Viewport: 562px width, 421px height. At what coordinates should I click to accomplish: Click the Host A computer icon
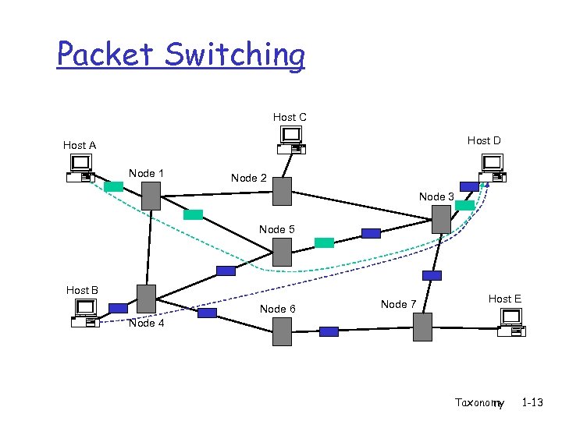(x=80, y=168)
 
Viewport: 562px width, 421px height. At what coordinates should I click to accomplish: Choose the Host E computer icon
(x=512, y=322)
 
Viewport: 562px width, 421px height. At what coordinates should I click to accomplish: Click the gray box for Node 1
(x=151, y=196)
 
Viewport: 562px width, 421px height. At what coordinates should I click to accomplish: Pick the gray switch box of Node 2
(x=282, y=191)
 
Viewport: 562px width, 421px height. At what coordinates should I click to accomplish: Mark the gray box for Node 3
(x=442, y=218)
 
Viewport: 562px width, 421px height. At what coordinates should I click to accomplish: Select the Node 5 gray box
(x=282, y=252)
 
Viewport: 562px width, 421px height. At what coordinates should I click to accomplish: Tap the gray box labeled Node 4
(x=146, y=299)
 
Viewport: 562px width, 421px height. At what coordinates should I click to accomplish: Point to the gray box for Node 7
(x=422, y=327)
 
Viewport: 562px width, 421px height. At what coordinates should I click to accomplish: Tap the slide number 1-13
(x=533, y=402)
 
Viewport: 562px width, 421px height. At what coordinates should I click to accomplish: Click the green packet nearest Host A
(x=114, y=186)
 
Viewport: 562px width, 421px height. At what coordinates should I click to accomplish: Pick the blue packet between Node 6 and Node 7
(x=329, y=331)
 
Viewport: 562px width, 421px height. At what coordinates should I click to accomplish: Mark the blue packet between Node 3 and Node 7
(x=432, y=275)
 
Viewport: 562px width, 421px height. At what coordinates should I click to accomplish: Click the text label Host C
(x=290, y=117)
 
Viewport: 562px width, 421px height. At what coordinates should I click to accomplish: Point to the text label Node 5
(x=277, y=229)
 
